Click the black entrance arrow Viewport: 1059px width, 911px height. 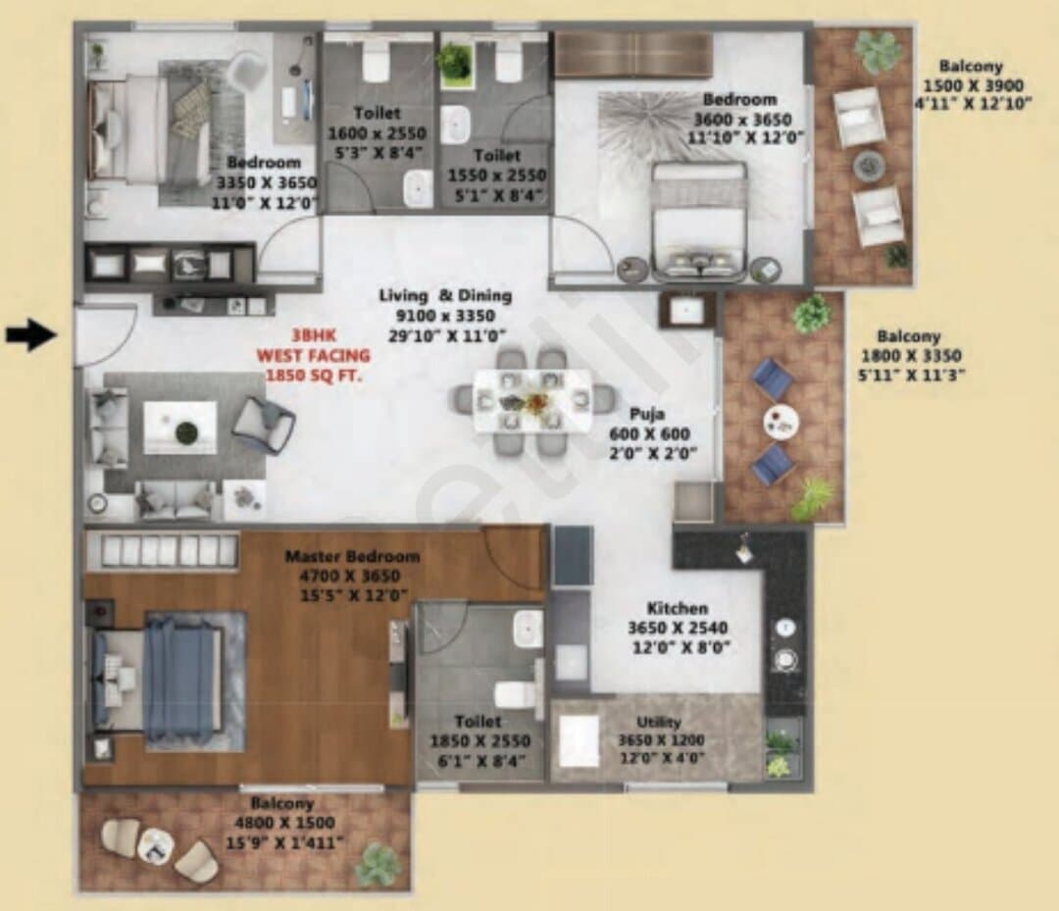[x=31, y=335]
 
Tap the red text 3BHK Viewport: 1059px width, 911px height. [x=314, y=335]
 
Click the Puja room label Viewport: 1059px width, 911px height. [x=647, y=413]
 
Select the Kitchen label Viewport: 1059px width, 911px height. [x=678, y=608]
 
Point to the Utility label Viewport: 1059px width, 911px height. [x=659, y=722]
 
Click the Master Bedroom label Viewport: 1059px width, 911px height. [x=353, y=556]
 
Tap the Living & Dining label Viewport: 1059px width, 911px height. [x=445, y=296]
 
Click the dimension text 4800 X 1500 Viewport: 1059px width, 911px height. [x=284, y=823]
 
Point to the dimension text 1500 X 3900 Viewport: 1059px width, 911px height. [x=974, y=85]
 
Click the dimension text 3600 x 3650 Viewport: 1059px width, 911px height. [x=743, y=120]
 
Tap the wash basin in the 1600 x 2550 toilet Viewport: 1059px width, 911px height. [x=418, y=188]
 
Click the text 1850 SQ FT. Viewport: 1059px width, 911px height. [x=314, y=375]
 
